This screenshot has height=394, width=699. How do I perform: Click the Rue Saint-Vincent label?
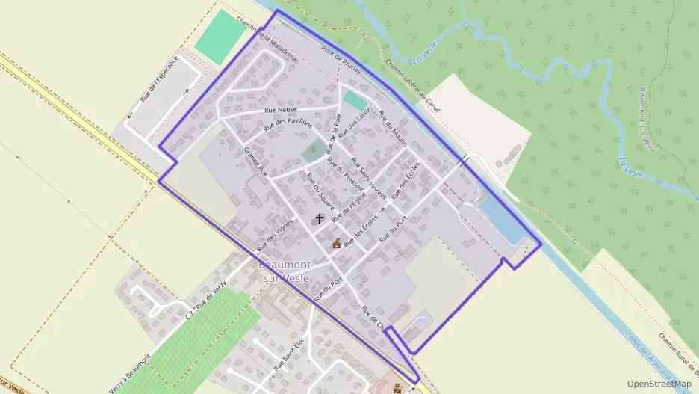368,177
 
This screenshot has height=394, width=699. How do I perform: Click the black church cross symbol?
320,219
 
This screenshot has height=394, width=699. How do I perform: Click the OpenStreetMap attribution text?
659,384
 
